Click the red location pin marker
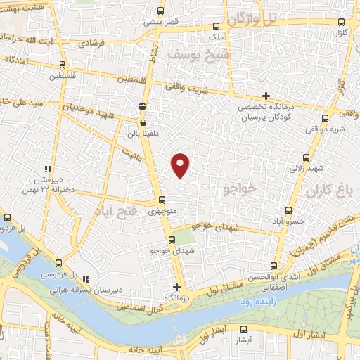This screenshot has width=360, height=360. (x=181, y=164)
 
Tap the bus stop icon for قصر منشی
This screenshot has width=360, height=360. (x=162, y=11)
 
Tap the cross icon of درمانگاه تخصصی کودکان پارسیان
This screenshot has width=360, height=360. (x=266, y=96)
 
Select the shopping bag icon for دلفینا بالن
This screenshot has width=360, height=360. (x=143, y=122)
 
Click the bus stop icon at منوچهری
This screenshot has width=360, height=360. (x=162, y=200)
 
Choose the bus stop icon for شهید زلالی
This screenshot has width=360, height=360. (x=304, y=158)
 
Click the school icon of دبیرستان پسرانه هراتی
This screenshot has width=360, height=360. (x=86, y=279)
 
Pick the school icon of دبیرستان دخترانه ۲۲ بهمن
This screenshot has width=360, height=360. (x=48, y=169)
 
